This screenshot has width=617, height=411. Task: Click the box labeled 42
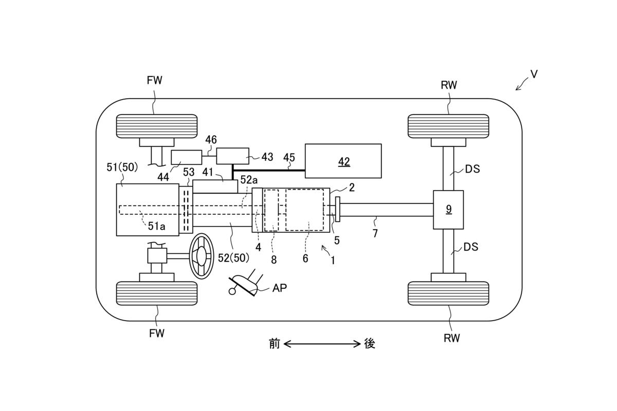(x=343, y=161)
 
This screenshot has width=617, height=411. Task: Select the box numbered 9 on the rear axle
(x=448, y=210)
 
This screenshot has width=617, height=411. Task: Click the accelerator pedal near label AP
(x=246, y=285)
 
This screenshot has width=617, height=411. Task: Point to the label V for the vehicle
(x=534, y=74)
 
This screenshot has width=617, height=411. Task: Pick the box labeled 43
(x=232, y=156)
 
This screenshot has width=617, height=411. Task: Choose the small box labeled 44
(x=186, y=157)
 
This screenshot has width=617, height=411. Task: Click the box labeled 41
(x=215, y=186)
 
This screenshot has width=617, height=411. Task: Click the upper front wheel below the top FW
(x=157, y=126)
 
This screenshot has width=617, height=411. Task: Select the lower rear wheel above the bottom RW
(x=448, y=293)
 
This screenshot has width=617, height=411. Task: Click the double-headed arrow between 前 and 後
(x=322, y=344)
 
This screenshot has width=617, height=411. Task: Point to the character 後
(x=369, y=344)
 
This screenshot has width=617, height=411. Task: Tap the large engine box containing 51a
(x=148, y=210)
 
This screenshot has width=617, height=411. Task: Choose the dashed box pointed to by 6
(x=305, y=210)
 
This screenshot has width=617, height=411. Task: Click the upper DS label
(x=472, y=169)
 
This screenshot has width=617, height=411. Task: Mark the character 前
(x=275, y=344)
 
